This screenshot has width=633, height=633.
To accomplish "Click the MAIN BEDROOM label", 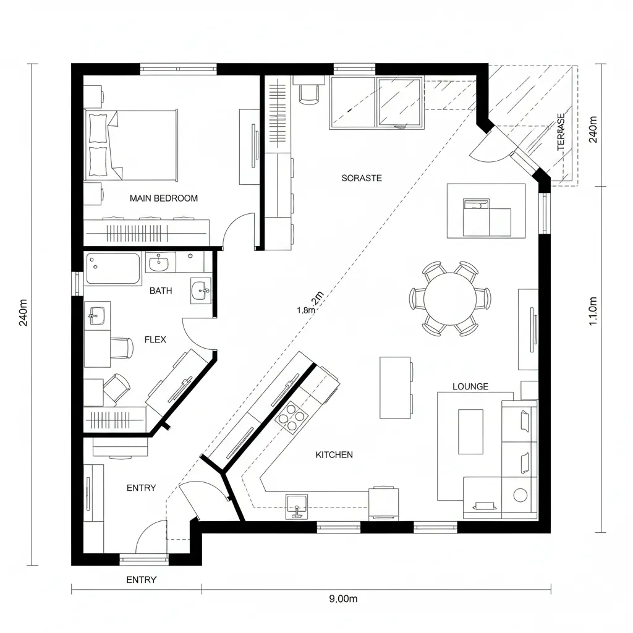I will tap(164, 198).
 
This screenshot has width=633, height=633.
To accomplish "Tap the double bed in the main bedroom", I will tap(133, 143).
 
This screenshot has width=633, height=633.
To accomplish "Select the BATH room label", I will tap(161, 291).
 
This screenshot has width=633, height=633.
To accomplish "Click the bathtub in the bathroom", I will tap(113, 269).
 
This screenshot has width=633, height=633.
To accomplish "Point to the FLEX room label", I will tap(155, 339).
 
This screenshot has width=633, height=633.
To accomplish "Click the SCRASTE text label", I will tap(362, 178).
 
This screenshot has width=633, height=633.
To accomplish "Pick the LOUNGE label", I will tap(470, 386).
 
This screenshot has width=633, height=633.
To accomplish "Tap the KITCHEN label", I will tap(334, 454).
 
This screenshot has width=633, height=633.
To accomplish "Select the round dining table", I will tap(450, 299).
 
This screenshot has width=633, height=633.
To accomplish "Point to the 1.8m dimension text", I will tap(306, 310).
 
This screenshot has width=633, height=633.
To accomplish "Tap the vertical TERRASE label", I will tap(561, 132).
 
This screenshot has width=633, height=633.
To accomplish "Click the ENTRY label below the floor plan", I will tap(141, 580).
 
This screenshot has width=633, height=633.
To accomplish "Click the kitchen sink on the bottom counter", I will tap(297, 506).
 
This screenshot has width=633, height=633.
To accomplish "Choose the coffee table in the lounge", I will tap(470, 431).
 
